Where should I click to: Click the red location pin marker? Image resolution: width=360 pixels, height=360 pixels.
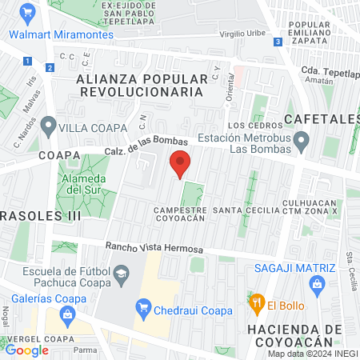(x=180, y=163)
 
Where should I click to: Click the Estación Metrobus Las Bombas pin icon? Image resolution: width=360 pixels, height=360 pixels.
(x=302, y=142)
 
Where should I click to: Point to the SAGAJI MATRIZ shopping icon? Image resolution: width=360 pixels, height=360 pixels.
(x=318, y=283)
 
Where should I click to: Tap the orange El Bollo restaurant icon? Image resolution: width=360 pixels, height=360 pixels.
(x=257, y=304)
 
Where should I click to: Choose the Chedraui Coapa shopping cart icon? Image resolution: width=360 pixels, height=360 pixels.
(x=144, y=305)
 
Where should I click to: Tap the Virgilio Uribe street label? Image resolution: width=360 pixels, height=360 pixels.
(x=242, y=35)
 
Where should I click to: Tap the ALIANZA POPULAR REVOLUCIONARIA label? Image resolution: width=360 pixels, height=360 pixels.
(x=146, y=86)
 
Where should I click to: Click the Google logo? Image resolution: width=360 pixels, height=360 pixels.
(x=27, y=350)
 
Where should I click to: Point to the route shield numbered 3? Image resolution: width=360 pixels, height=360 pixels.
(x=277, y=42)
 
